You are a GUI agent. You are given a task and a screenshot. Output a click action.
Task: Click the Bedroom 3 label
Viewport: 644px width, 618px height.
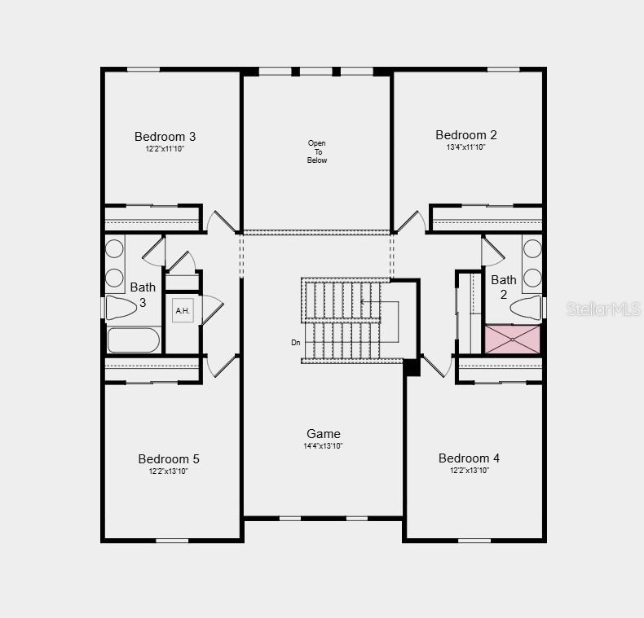[165, 137]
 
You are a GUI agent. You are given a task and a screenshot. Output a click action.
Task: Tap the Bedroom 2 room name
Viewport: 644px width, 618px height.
[466, 135]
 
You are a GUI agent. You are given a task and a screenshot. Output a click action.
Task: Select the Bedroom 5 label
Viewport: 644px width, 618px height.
[169, 459]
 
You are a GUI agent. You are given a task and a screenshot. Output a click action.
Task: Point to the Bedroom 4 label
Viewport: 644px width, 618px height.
[470, 458]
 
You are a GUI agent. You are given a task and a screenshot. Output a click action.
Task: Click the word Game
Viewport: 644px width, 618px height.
[324, 434]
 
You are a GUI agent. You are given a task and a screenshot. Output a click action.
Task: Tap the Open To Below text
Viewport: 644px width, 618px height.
[317, 152]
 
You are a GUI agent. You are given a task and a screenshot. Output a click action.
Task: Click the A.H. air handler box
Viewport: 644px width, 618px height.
[183, 310]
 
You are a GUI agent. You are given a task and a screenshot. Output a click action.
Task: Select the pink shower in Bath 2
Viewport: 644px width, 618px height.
[512, 340]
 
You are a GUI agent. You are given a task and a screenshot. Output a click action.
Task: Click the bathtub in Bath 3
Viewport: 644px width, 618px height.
[134, 340]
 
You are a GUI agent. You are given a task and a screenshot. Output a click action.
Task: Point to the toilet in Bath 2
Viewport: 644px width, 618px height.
[526, 307]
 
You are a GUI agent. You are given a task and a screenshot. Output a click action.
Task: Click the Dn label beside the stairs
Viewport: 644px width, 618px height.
[296, 343]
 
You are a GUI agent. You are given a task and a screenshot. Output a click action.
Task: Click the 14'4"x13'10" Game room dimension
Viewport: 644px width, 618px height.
[324, 446]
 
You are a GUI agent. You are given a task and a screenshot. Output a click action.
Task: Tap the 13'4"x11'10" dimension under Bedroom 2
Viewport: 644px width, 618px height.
[466, 147]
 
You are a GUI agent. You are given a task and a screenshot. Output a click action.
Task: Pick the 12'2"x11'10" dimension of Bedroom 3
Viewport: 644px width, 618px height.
[165, 149]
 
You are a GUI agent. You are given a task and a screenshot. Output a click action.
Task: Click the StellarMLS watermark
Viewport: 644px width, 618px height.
[604, 309]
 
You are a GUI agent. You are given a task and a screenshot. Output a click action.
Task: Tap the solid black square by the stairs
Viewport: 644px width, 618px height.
[412, 367]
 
